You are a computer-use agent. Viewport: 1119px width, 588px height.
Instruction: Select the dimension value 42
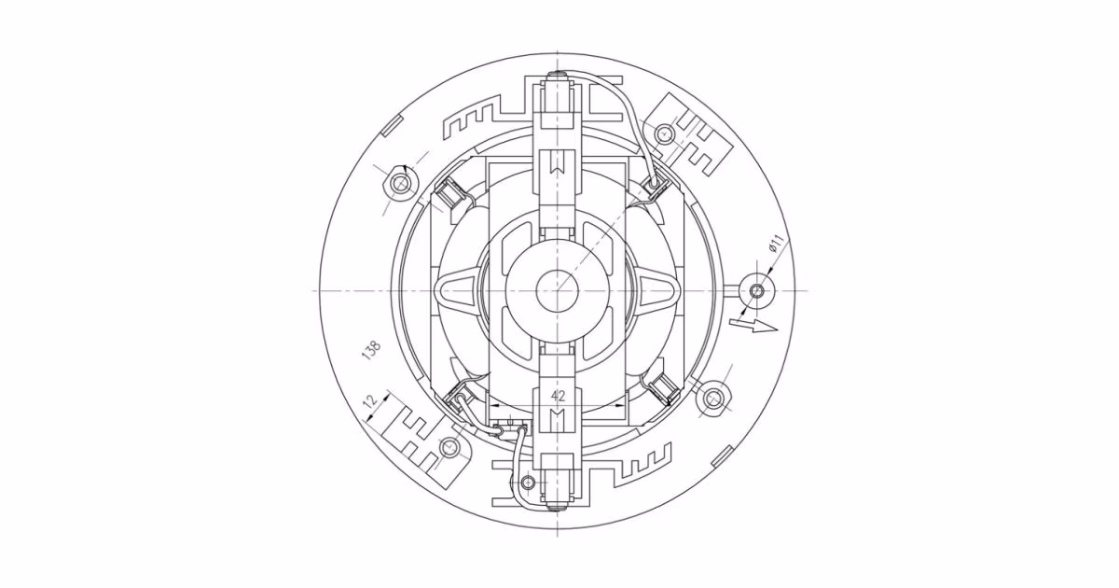tap(558, 396)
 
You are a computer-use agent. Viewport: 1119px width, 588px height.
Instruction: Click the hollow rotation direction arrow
tap(754, 326)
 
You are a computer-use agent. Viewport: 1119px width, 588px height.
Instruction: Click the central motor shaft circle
tap(557, 290)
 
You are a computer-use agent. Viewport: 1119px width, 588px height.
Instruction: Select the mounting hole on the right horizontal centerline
tap(757, 290)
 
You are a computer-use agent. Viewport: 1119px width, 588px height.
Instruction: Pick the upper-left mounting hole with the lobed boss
tap(399, 184)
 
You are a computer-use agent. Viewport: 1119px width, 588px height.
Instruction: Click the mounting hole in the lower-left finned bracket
tap(449, 445)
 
